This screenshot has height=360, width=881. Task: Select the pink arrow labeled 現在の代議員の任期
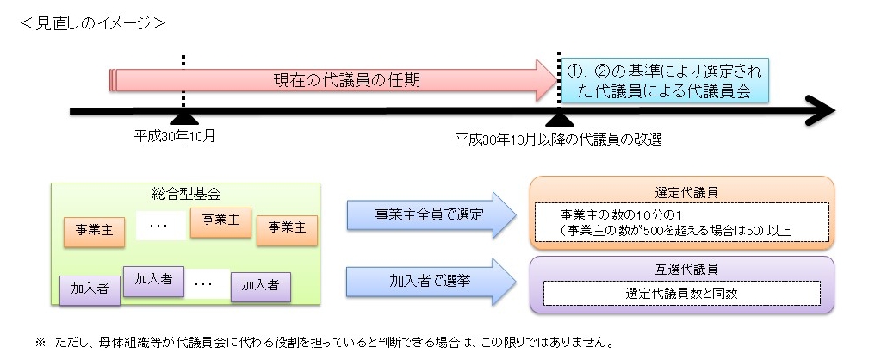(x=336, y=80)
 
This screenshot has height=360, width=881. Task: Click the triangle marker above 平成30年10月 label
(x=183, y=119)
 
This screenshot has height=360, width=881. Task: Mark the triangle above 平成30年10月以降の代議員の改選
(x=560, y=119)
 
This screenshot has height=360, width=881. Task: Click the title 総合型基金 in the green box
(x=185, y=194)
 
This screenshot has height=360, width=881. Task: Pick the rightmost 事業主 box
(x=287, y=229)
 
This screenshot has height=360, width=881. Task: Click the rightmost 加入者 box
(x=260, y=285)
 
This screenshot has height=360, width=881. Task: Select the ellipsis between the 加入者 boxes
(x=205, y=282)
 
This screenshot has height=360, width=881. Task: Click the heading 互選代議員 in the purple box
(x=680, y=269)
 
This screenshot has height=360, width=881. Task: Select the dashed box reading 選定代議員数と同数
(x=680, y=293)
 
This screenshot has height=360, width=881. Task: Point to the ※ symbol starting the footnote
(x=40, y=342)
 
